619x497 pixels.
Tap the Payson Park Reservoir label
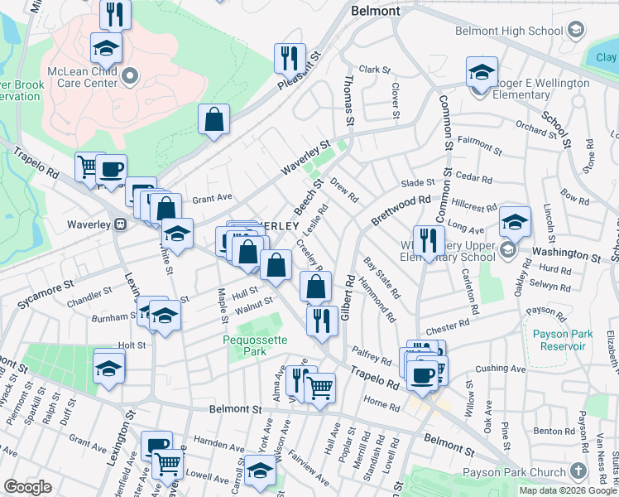point(566,340)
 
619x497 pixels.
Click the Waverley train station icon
point(120,224)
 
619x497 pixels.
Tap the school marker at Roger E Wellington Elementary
point(481,72)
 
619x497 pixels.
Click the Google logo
point(27,487)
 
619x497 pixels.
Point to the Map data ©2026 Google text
point(568,490)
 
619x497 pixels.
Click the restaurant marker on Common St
point(427,241)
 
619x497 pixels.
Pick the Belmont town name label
point(375,12)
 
